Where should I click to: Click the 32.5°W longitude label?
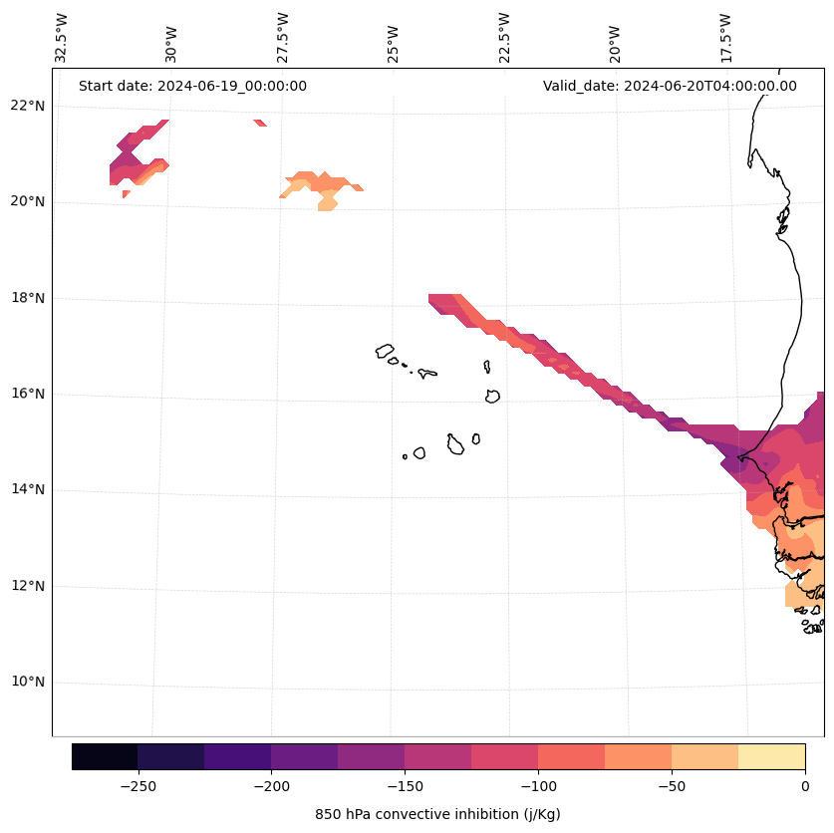click(62, 38)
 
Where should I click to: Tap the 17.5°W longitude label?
click(725, 38)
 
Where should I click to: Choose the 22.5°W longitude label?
click(504, 38)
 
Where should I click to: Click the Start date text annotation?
click(192, 86)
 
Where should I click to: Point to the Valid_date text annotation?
click(670, 86)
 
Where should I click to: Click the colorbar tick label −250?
click(138, 787)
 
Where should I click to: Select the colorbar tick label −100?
click(538, 787)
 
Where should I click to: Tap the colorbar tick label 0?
click(805, 787)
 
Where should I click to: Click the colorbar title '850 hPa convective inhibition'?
click(437, 814)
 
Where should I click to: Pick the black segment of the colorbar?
click(105, 756)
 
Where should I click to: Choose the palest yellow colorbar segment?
click(771, 756)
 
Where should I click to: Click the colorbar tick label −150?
click(405, 787)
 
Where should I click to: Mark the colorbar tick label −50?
click(672, 787)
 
